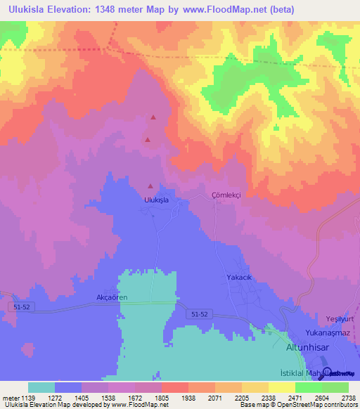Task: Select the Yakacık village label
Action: (x=238, y=277)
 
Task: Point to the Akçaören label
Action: (x=111, y=297)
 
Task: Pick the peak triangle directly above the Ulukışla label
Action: (x=150, y=186)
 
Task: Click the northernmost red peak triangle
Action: (x=153, y=117)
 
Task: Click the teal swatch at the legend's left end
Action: (x=41, y=387)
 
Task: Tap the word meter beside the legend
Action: (x=11, y=397)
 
